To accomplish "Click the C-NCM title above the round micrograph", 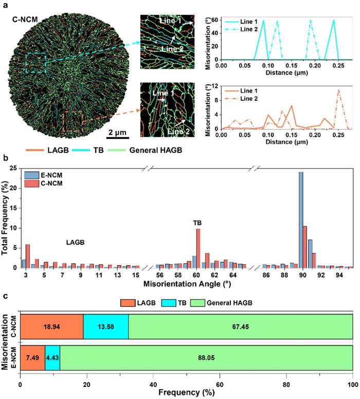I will pos(26,20).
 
